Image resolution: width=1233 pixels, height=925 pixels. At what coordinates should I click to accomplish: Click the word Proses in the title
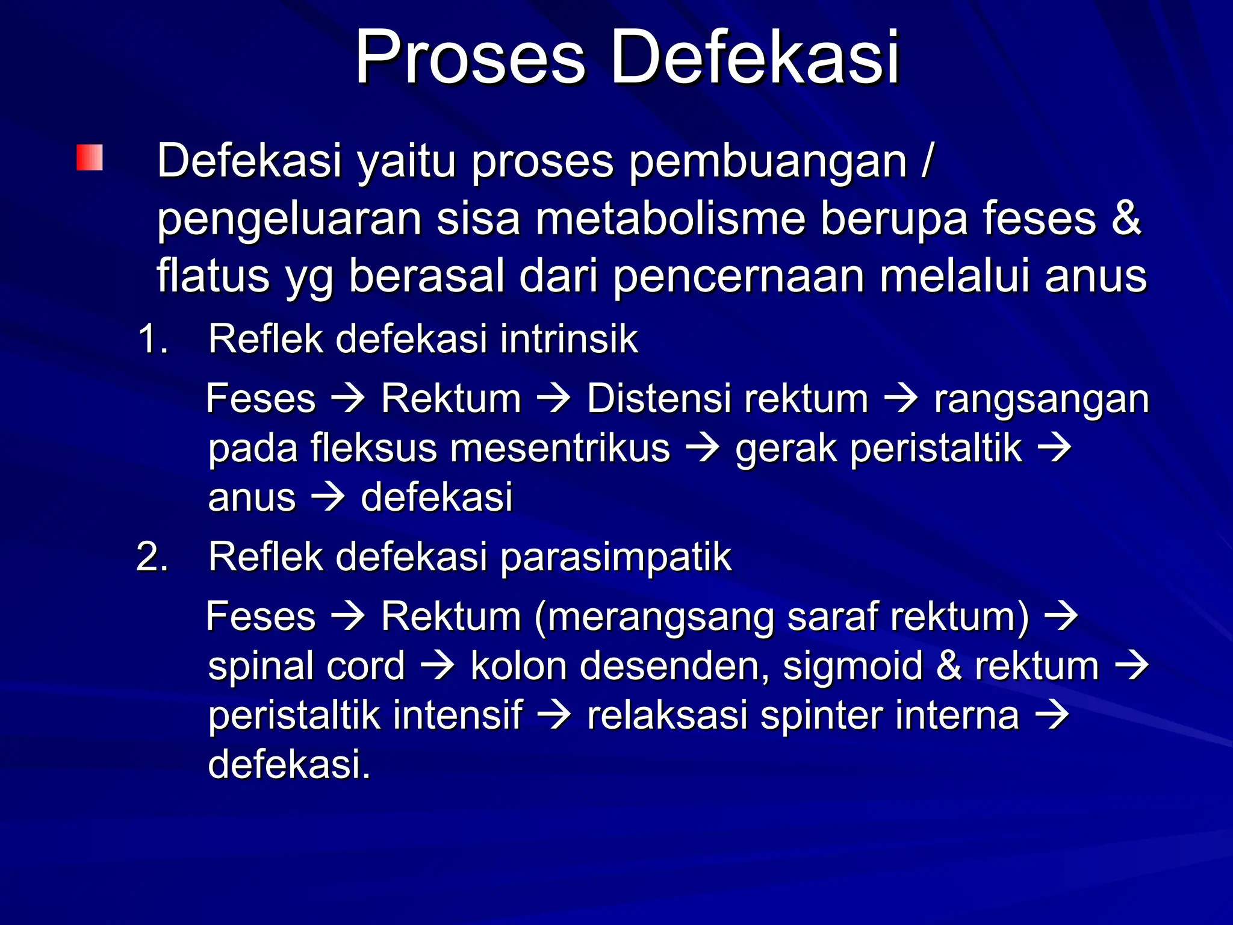pos(470,58)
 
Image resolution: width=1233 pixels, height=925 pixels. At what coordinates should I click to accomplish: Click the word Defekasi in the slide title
pos(755,58)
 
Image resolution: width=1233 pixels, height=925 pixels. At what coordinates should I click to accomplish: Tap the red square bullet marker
pos(90,158)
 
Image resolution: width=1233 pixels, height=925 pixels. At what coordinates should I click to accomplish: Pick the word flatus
pos(213,276)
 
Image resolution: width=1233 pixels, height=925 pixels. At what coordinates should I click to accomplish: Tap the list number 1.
pos(151,338)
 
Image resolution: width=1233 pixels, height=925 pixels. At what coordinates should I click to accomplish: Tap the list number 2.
pos(151,556)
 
